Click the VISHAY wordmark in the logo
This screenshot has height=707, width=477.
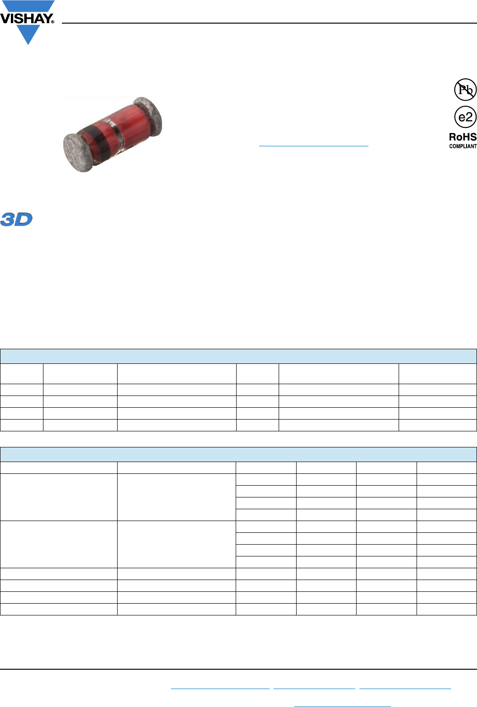(26, 18)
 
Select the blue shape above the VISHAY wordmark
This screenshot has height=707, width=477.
(28, 6)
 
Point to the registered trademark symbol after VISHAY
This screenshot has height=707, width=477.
(53, 22)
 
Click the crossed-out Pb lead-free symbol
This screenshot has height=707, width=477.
(465, 90)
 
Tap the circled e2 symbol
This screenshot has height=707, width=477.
(465, 117)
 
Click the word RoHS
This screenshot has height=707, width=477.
(463, 137)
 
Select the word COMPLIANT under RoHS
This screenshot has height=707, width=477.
(463, 146)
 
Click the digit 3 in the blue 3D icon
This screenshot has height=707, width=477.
(8, 219)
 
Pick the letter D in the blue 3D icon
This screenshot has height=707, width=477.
(24, 219)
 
